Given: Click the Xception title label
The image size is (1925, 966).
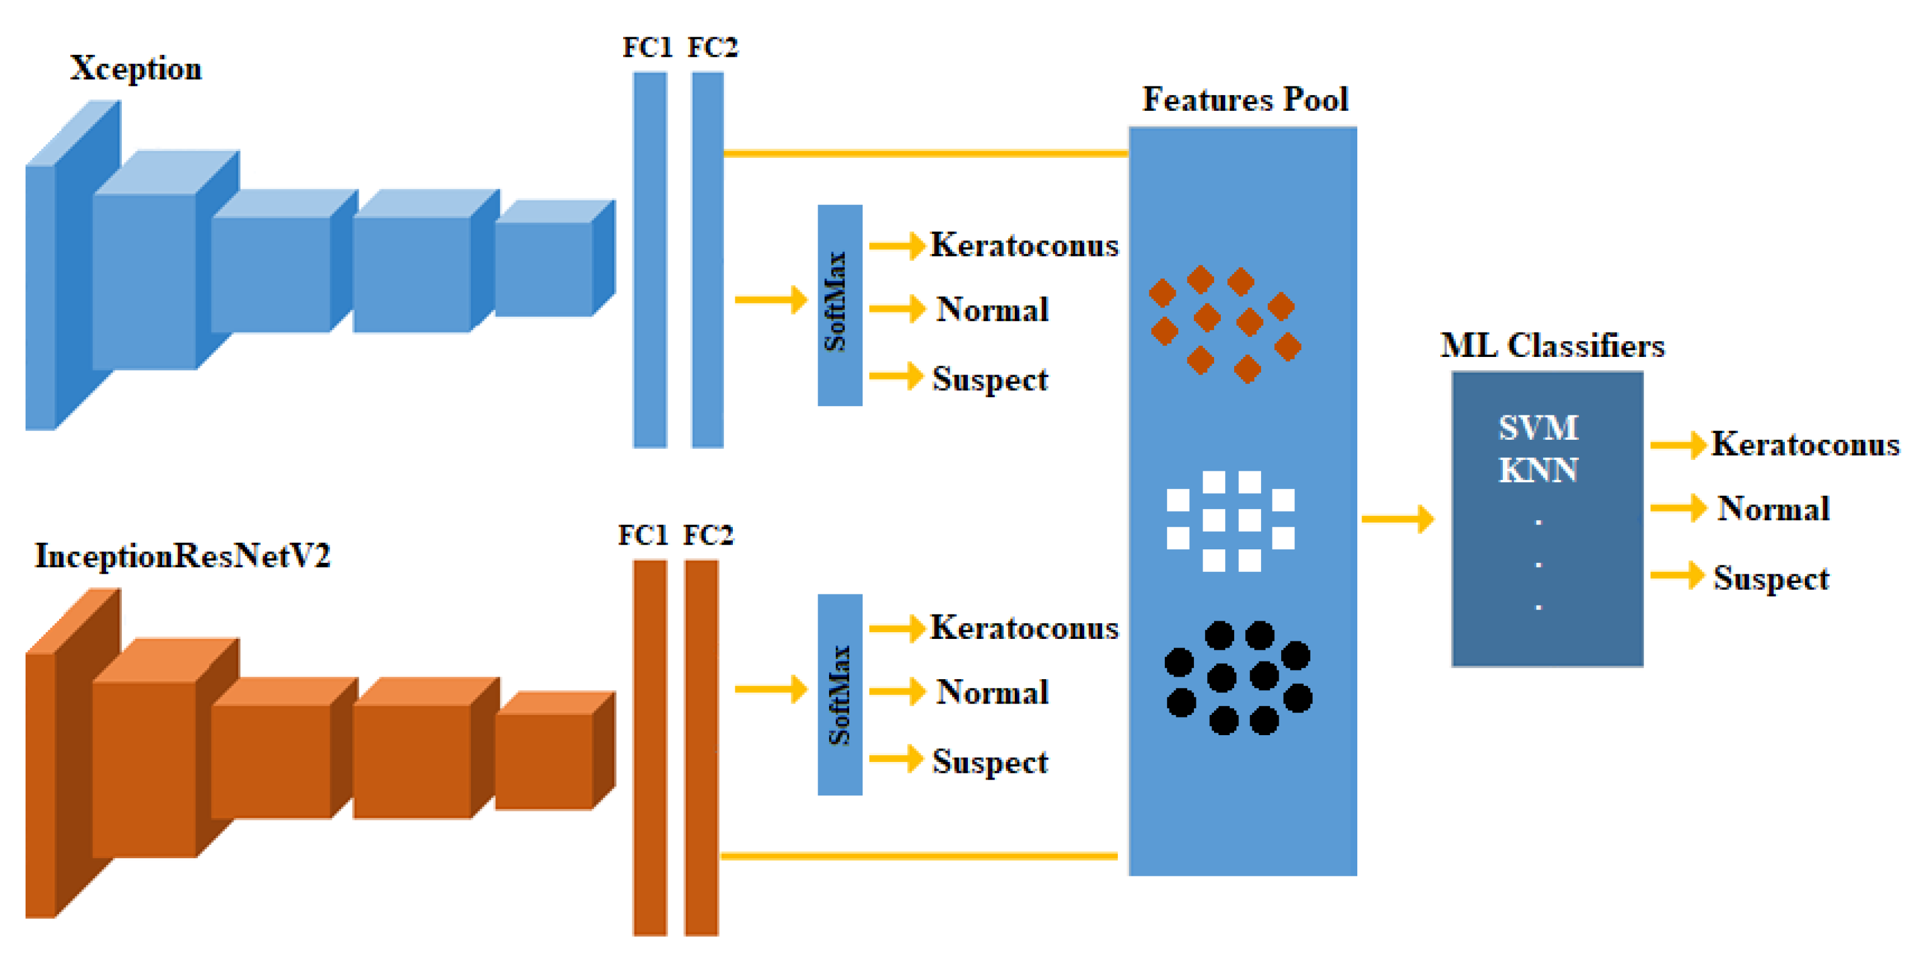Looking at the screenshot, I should [135, 69].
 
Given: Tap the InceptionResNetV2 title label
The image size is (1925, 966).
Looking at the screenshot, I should [182, 557].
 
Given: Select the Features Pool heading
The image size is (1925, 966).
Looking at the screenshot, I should [1245, 99].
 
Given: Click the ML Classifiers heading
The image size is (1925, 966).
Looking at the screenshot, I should [1552, 346].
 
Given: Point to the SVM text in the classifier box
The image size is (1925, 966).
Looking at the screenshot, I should [1538, 428].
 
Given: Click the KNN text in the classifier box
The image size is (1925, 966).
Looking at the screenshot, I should [1538, 470].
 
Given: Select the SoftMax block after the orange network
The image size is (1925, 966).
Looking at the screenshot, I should [839, 694].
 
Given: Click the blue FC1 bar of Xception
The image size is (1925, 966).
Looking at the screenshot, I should [649, 259].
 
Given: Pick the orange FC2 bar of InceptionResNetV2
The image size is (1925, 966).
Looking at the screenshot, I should [701, 747].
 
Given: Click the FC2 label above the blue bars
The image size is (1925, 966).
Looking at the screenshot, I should [712, 48].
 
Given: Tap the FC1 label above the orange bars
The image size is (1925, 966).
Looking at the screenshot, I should [643, 535].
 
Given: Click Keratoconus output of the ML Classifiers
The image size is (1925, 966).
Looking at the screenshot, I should [1804, 445].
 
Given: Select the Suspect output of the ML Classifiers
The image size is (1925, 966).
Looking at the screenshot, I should [1770, 578].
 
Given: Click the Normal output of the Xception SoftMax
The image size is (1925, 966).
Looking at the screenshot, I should [992, 309].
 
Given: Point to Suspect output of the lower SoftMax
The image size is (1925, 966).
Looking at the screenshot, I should [989, 762].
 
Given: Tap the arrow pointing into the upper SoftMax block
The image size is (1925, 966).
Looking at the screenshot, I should [770, 300].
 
